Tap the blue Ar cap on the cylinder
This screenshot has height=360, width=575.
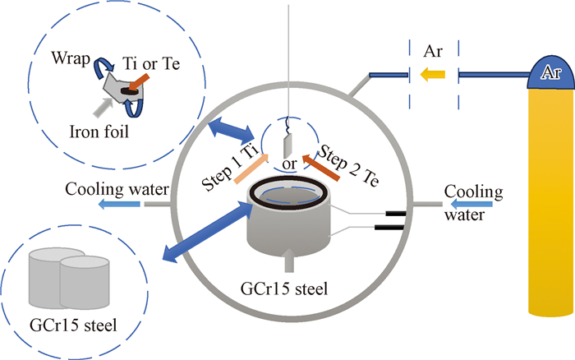click(x=550, y=72)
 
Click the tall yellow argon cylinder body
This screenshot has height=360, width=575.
click(x=550, y=205)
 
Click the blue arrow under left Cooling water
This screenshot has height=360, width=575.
click(x=113, y=205)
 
